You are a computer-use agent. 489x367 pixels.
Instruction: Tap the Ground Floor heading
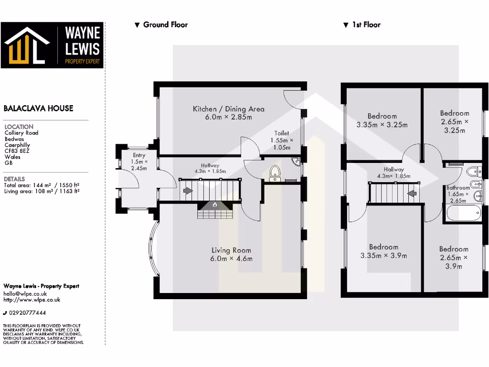pyautogui.click(x=161, y=25)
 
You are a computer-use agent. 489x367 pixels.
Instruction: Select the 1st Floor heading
pyautogui.click(x=362, y=25)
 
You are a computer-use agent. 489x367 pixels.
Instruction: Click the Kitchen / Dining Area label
pyautogui.click(x=228, y=113)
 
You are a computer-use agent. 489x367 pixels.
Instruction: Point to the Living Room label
pyautogui.click(x=232, y=254)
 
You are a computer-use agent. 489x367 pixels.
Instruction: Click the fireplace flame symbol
pyautogui.click(x=215, y=205)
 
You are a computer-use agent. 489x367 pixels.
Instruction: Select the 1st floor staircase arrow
pyautogui.click(x=409, y=194)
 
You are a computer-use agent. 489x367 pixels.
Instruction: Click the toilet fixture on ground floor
pyautogui.click(x=275, y=174)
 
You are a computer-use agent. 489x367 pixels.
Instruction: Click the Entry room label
pyautogui.click(x=139, y=162)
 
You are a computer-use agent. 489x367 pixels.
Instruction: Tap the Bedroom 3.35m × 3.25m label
pyautogui.click(x=382, y=120)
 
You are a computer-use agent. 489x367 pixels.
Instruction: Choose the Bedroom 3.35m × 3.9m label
pyautogui.click(x=383, y=251)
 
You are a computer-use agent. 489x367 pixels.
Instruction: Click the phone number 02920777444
pyautogui.click(x=27, y=313)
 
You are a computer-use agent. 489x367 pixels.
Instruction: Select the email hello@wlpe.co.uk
pyautogui.click(x=25, y=294)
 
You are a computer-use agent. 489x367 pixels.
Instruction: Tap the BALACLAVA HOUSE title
pyautogui.click(x=39, y=108)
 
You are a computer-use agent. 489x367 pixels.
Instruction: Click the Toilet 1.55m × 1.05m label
pyautogui.click(x=282, y=140)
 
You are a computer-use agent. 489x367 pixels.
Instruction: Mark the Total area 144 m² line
pyautogui.click(x=41, y=185)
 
